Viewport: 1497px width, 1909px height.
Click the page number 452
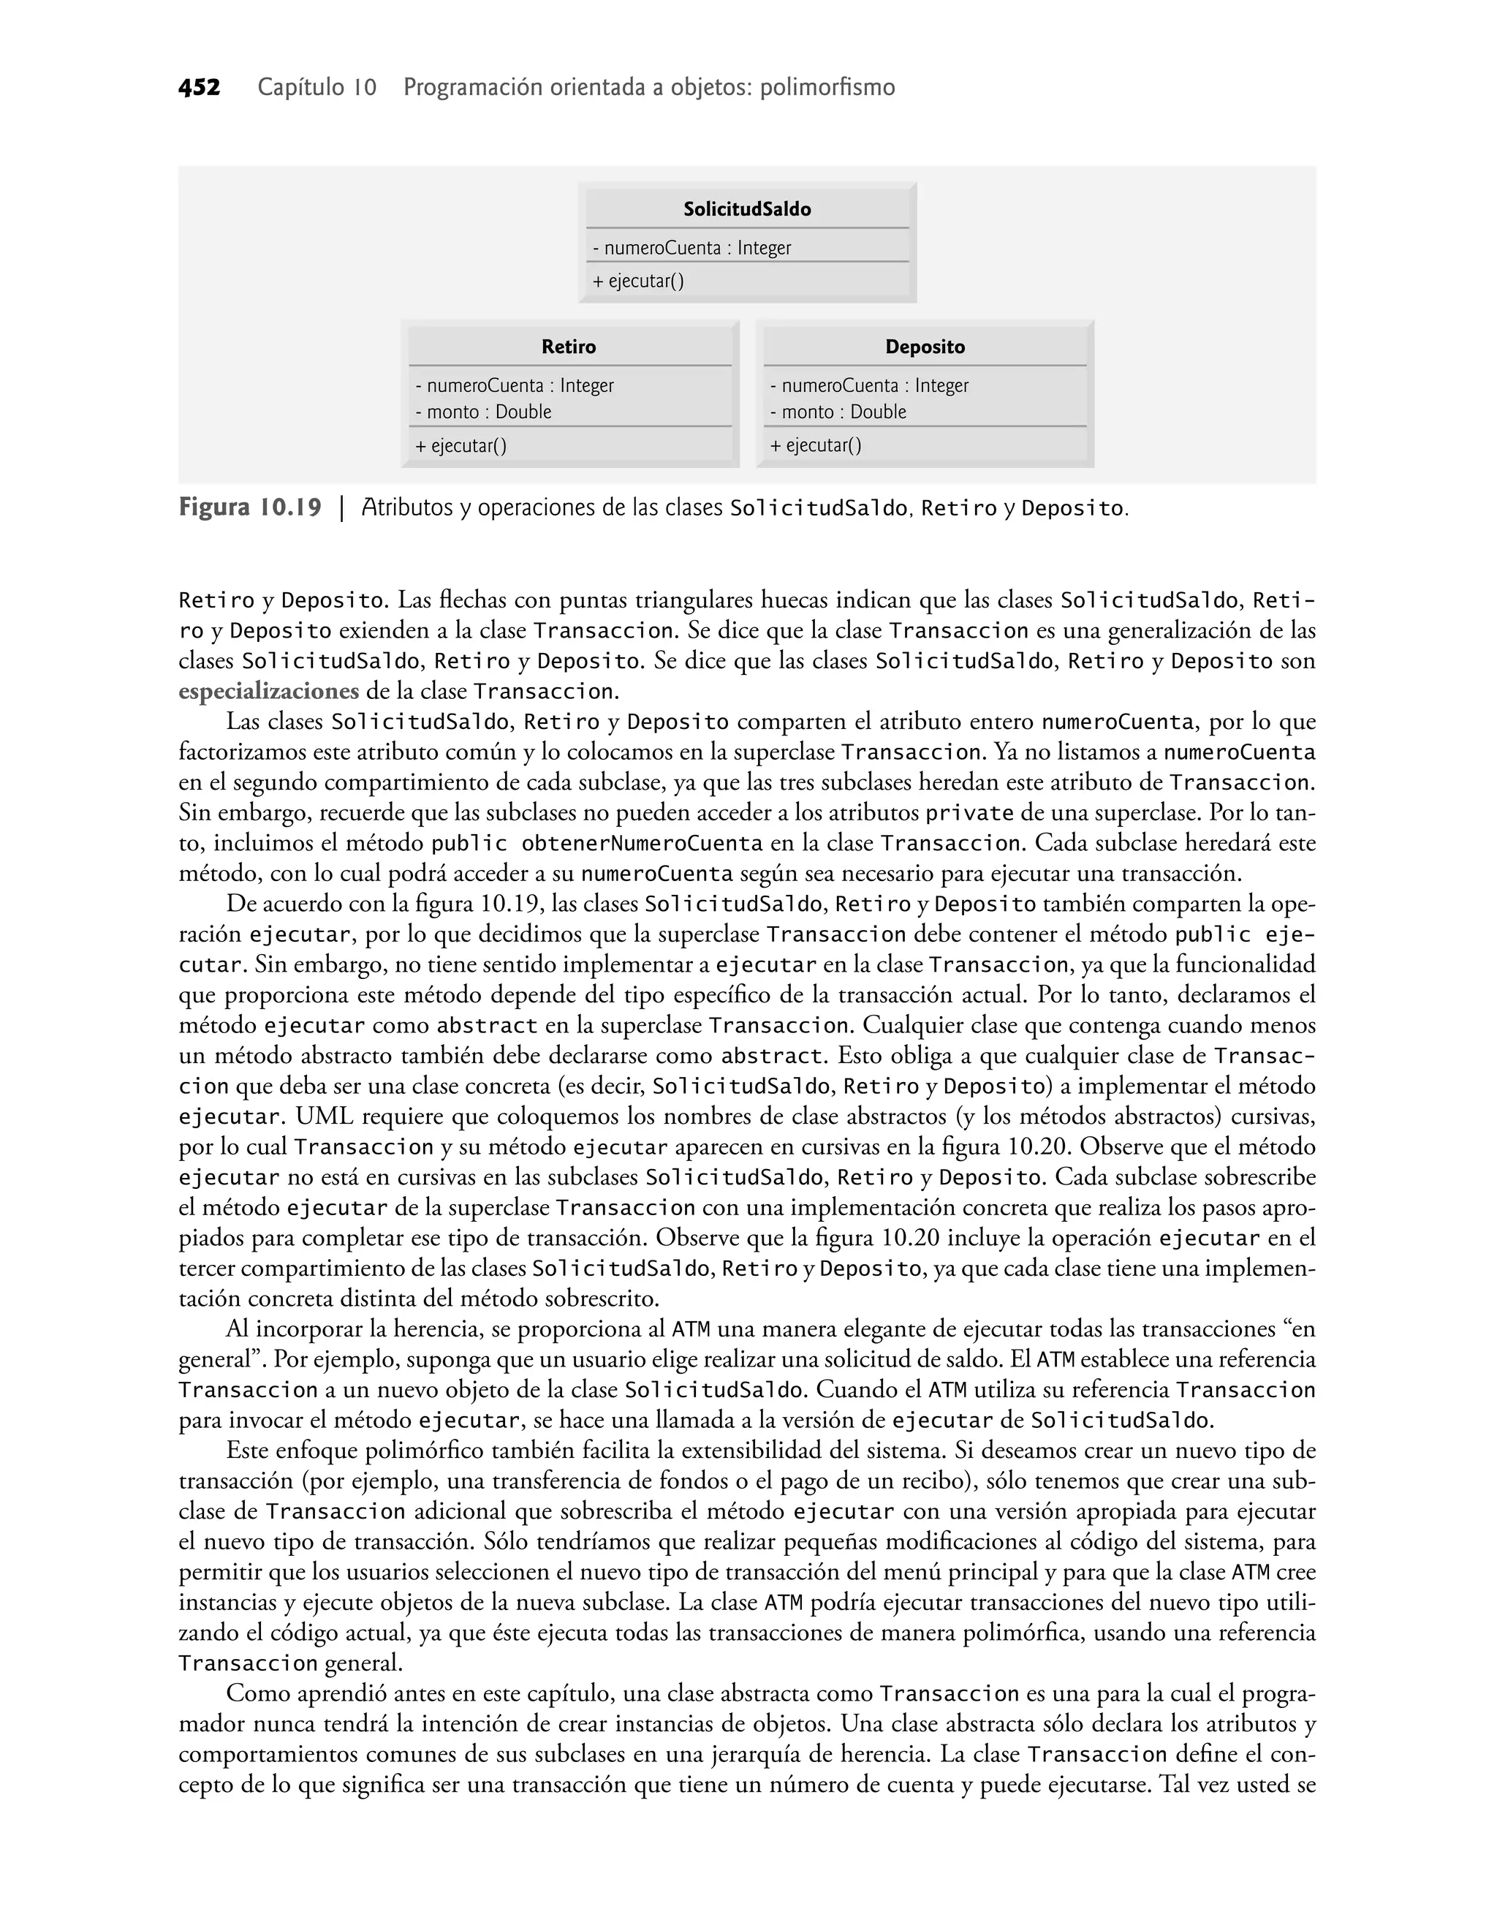[199, 88]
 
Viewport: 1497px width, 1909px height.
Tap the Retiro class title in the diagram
[568, 347]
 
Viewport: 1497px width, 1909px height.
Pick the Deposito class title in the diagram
[925, 347]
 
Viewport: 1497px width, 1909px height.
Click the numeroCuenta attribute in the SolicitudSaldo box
[691, 248]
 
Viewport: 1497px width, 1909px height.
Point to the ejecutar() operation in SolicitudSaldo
[638, 281]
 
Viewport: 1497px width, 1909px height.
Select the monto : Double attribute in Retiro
[483, 412]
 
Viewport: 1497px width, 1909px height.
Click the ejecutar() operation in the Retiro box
[461, 446]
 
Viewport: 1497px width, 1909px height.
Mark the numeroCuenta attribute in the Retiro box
[515, 385]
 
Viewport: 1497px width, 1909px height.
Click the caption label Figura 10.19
[250, 507]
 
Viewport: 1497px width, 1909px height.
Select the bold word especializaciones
[268, 692]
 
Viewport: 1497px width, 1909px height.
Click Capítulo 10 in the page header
[317, 88]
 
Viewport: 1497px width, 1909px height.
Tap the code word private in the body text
[969, 813]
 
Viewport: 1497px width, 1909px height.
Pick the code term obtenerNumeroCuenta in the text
[642, 844]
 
